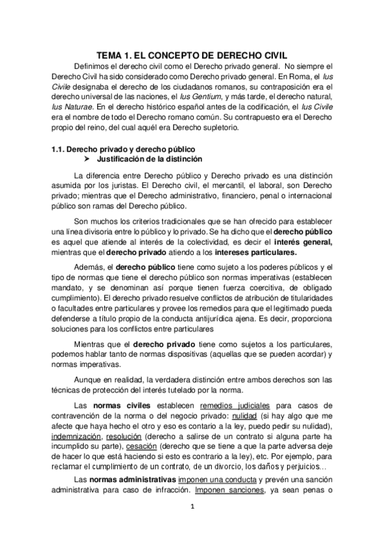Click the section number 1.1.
[x=58, y=148]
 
